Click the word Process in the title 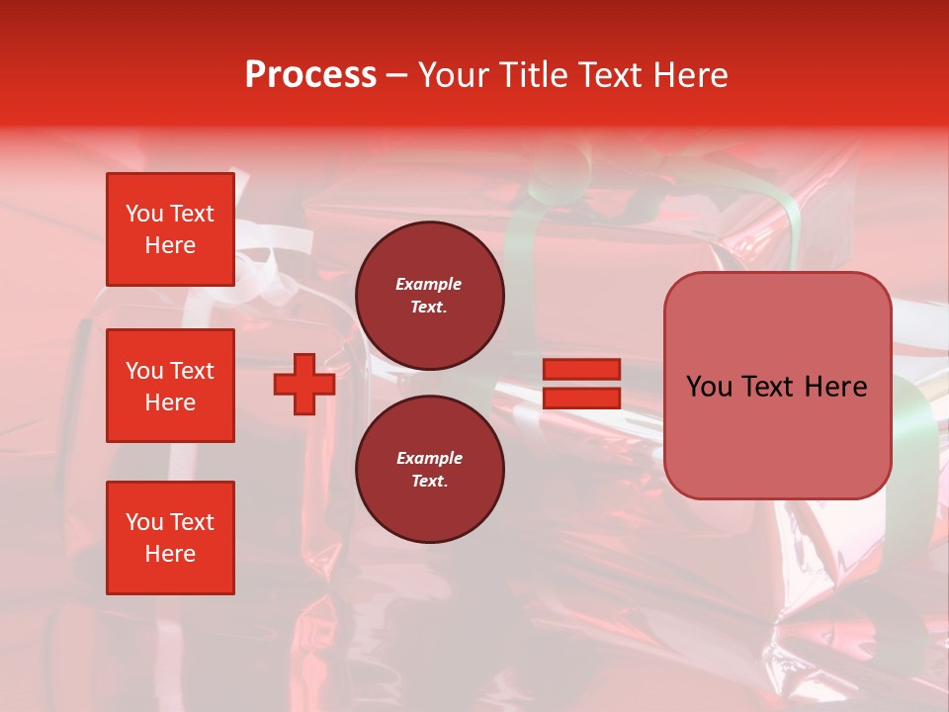pos(310,75)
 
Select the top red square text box pos(170,229)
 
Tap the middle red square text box pos(170,386)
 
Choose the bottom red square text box pos(170,538)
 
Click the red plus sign pos(304,385)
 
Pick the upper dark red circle pos(429,296)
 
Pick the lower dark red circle pos(429,470)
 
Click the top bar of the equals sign pos(581,370)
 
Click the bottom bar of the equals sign pos(581,398)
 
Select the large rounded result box pos(777,435)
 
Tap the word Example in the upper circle pos(428,284)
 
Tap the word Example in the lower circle pos(428,458)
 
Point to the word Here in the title pos(688,75)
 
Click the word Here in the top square pos(170,245)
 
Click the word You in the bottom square pos(144,522)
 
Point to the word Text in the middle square pos(192,371)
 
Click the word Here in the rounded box pos(835,387)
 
